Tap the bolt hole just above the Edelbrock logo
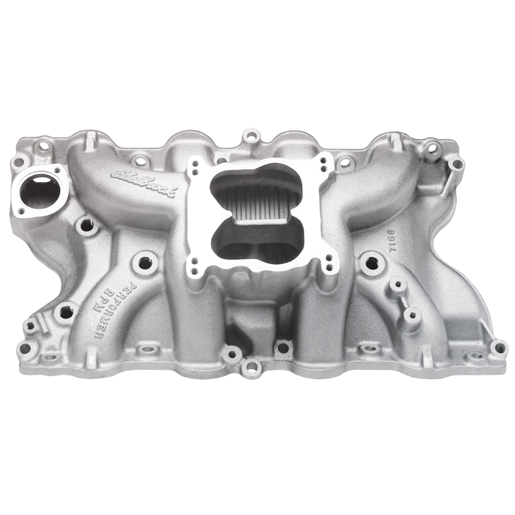pyautogui.click(x=136, y=160)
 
